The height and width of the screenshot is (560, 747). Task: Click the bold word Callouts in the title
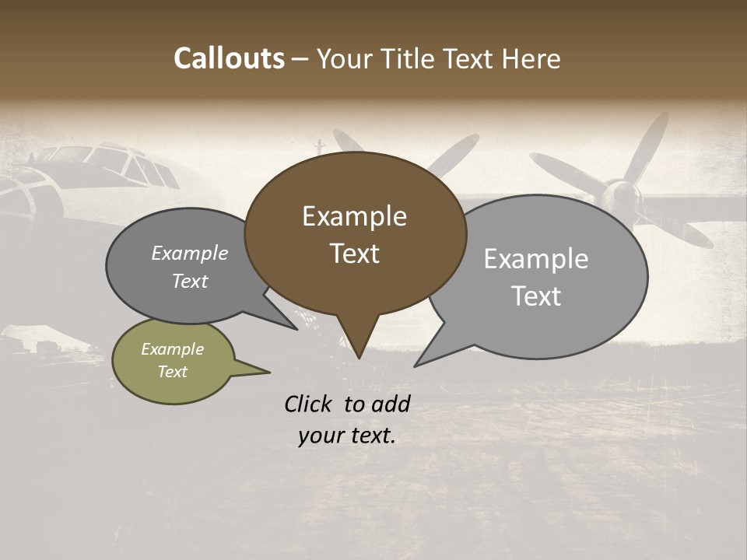point(229,58)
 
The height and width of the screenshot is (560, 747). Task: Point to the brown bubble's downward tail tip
point(359,357)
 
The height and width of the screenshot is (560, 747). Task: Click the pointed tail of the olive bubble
point(268,372)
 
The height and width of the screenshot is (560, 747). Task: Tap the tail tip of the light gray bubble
point(416,365)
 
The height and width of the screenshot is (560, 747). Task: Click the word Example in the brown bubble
point(354,216)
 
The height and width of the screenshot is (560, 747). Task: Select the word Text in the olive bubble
point(173,372)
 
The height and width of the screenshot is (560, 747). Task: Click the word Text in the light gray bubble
point(536,296)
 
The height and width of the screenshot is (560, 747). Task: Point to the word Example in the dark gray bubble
point(190,253)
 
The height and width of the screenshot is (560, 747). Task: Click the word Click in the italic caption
point(309,404)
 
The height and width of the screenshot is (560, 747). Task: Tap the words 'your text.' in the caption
point(347,436)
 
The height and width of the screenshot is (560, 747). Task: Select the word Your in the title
point(346,58)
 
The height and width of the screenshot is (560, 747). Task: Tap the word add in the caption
point(390,404)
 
